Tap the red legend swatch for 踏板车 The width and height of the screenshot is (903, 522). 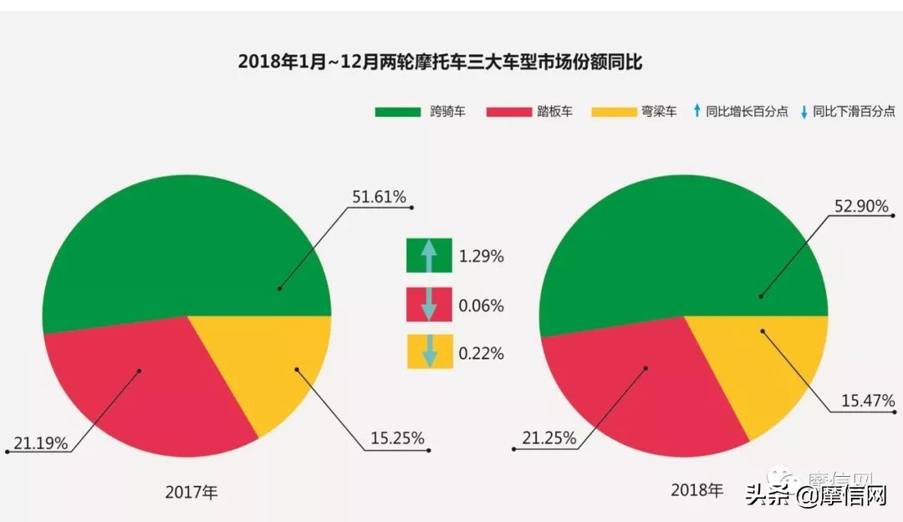click(508, 111)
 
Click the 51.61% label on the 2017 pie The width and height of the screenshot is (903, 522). click(379, 197)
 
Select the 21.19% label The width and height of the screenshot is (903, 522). click(41, 443)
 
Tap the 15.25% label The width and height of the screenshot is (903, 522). click(397, 438)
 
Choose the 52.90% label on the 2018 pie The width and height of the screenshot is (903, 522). click(861, 206)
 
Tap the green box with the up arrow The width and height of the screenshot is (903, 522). click(429, 255)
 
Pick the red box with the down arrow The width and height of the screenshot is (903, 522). click(429, 304)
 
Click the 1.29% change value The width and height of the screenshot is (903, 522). click(481, 257)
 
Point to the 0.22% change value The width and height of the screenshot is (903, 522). click(481, 354)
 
